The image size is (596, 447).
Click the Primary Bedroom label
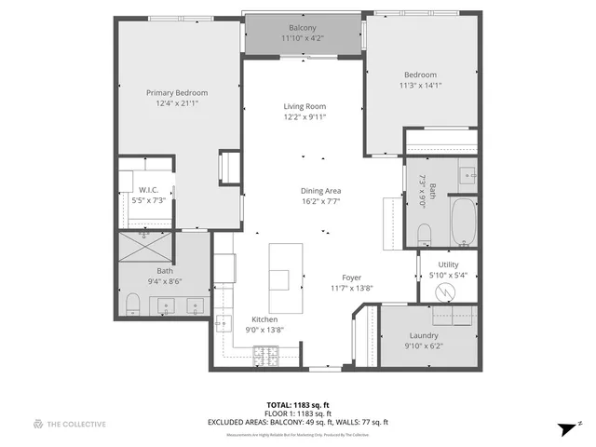[177, 93]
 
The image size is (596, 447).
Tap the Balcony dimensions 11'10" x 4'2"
[303, 39]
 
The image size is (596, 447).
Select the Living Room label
[305, 106]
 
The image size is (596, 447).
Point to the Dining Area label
[320, 191]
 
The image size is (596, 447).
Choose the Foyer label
[351, 278]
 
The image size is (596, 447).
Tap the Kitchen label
[264, 319]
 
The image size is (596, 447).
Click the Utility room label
[448, 264]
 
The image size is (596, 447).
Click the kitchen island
[286, 278]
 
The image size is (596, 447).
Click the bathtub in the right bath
[462, 222]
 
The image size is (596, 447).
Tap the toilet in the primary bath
[132, 303]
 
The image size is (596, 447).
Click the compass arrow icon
[564, 427]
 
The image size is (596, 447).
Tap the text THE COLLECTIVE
[77, 424]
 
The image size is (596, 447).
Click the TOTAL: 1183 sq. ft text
[297, 405]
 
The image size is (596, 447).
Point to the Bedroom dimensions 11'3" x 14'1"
[420, 86]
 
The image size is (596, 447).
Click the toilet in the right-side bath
[425, 231]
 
